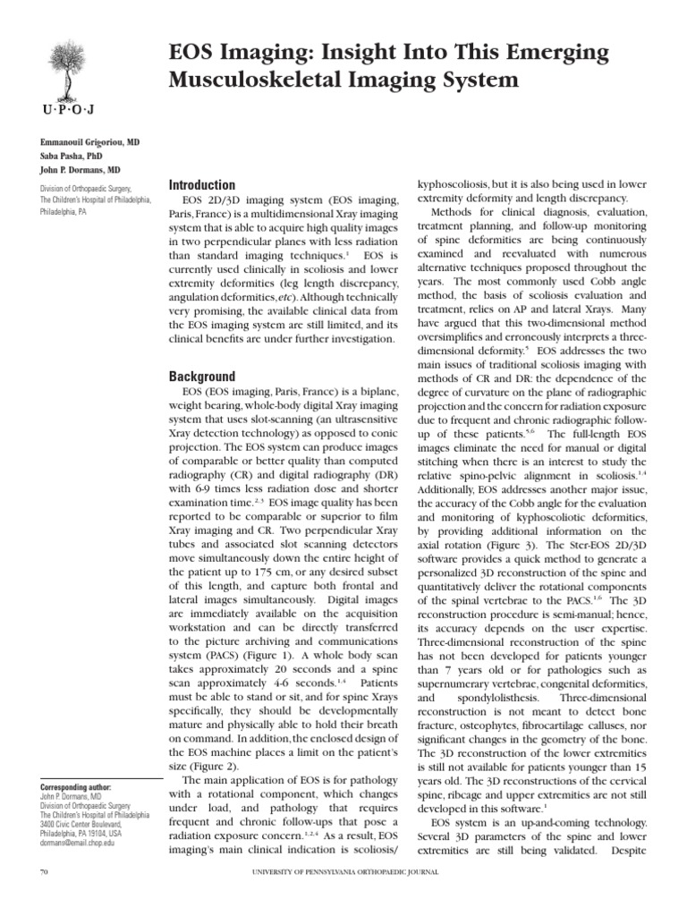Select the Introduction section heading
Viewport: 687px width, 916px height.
pyautogui.click(x=202, y=185)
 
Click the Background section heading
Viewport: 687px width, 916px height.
pyautogui.click(x=201, y=377)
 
